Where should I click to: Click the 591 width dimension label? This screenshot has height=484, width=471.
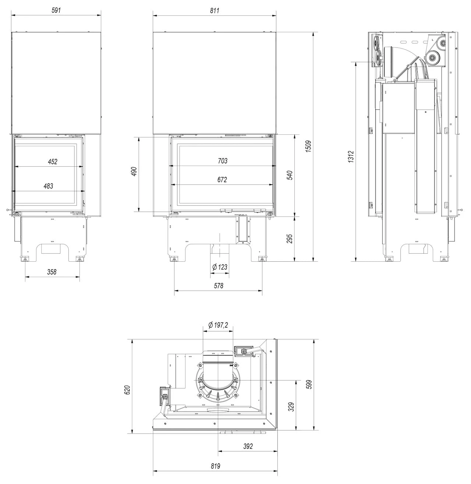pos(56,10)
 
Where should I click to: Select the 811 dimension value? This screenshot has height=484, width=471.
pos(215,10)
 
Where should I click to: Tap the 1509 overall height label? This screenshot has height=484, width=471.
pos(308,146)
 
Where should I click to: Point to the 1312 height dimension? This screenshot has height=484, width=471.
pos(351,156)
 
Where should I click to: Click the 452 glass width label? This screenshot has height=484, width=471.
pos(53,162)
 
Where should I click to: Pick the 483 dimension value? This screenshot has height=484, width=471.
pos(48,186)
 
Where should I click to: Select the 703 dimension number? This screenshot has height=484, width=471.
pos(223,161)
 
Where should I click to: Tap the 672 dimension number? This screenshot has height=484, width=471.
pos(222,179)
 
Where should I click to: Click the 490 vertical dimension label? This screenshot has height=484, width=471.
pos(134,172)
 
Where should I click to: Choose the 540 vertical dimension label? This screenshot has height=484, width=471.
pos(290,175)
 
